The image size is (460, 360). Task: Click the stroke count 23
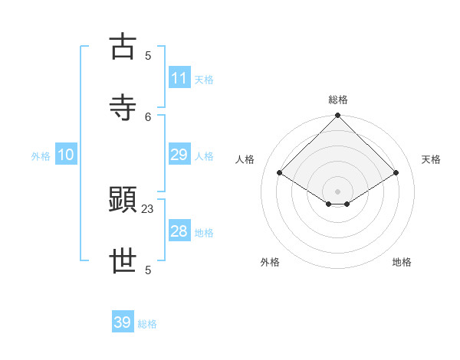(148, 208)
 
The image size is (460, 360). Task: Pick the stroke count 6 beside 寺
(148, 116)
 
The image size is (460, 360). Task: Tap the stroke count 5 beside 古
(148, 55)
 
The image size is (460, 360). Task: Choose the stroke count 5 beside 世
(148, 270)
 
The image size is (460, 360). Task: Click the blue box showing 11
(179, 78)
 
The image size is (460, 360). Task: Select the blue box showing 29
(179, 155)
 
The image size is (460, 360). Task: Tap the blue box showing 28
(179, 231)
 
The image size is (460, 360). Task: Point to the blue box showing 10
(66, 155)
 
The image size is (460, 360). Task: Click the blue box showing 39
(123, 322)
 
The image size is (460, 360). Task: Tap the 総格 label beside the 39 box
(147, 324)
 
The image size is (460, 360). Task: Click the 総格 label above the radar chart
(337, 100)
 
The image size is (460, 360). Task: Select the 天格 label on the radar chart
(432, 159)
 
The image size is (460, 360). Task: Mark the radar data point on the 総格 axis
(337, 116)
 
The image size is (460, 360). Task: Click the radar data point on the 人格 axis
(279, 173)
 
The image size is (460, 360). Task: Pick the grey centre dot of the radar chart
(337, 191)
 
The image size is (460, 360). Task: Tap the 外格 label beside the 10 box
(41, 155)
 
